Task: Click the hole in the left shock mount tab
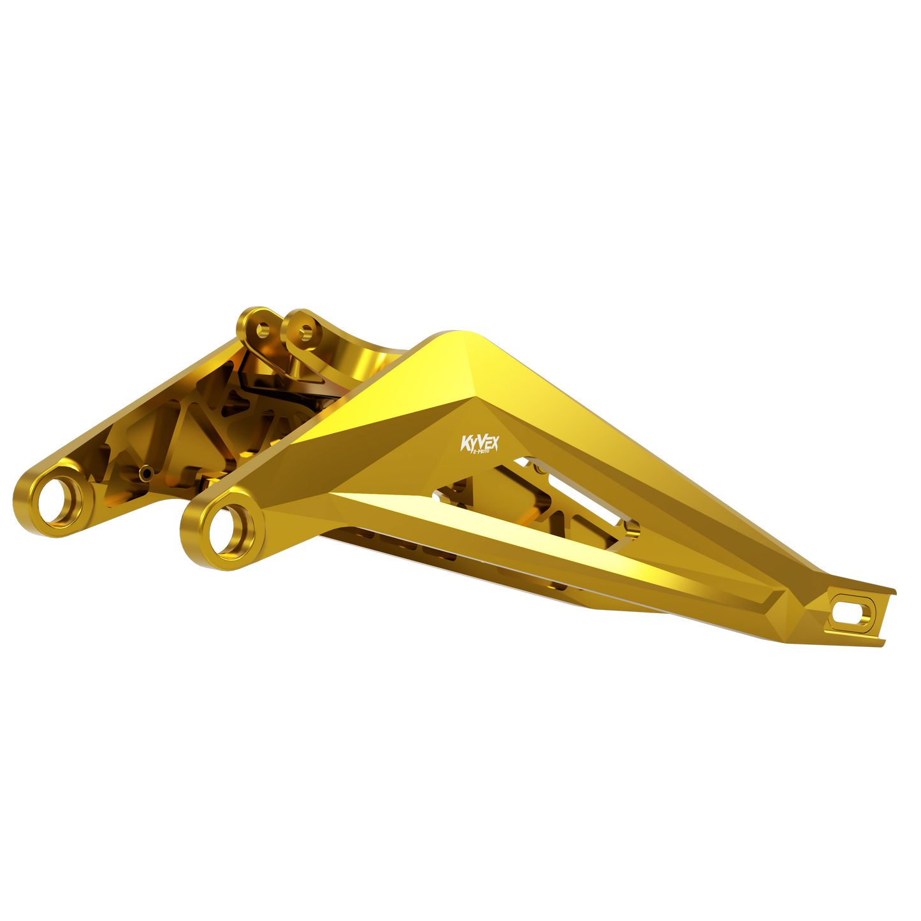pos(263,330)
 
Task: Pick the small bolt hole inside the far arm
pos(146,472)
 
